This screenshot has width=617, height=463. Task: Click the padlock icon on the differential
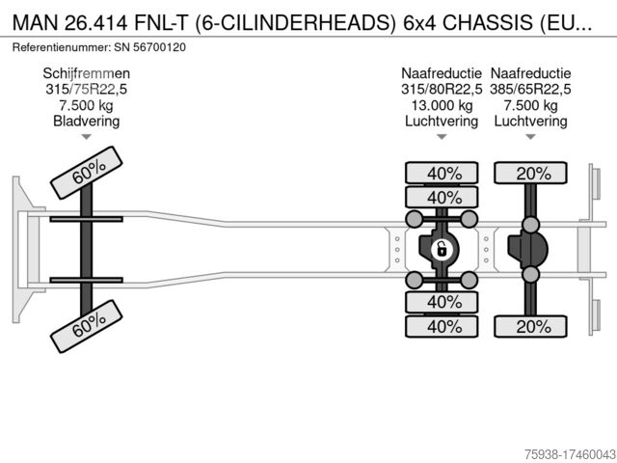click(x=441, y=250)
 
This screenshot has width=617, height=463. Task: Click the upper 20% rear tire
click(x=532, y=174)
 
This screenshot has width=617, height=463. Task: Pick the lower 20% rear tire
click(x=532, y=326)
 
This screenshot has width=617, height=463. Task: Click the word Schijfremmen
click(x=87, y=73)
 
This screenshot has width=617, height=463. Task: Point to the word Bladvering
click(x=87, y=121)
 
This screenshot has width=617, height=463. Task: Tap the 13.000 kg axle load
click(x=442, y=105)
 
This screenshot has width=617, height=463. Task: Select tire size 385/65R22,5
click(x=530, y=90)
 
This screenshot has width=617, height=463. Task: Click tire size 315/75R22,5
click(x=87, y=90)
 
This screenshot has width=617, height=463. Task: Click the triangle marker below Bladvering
click(x=87, y=137)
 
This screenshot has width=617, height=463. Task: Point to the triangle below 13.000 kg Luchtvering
click(x=442, y=137)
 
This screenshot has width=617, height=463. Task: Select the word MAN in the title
click(x=32, y=20)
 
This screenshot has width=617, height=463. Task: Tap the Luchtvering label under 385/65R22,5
click(x=530, y=121)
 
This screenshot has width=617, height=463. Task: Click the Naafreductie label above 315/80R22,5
click(x=442, y=73)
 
